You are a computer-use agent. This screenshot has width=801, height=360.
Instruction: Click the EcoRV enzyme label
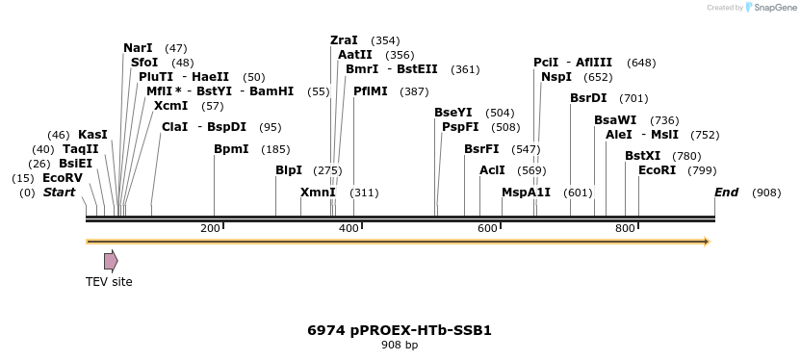63,178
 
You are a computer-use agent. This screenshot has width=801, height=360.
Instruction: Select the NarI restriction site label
138,47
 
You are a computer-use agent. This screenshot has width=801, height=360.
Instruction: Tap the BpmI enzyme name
231,149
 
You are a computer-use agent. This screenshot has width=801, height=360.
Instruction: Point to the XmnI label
318,193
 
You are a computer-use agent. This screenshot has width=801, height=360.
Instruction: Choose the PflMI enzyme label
371,90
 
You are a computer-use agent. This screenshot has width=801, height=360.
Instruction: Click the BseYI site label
453,113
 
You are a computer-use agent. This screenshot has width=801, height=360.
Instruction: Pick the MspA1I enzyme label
526,193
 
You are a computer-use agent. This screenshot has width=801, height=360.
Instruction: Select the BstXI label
643,156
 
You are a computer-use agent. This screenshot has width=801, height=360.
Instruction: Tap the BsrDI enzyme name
588,97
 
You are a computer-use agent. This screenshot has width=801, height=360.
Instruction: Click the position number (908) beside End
766,193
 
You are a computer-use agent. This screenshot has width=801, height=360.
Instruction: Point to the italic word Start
59,193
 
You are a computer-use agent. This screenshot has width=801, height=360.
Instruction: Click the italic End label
727,193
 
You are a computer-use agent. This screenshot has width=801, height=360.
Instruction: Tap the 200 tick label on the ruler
210,228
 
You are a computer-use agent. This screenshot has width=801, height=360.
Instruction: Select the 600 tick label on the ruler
487,228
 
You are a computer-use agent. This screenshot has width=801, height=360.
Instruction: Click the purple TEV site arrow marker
111,260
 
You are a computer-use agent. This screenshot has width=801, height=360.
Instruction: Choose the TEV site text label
109,282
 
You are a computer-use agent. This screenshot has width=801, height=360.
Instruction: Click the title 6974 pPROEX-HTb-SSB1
400,330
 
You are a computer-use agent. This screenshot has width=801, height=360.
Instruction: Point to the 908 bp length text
400,345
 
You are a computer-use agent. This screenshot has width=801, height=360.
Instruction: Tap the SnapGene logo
767,8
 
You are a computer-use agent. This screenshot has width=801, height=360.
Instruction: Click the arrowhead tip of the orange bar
709,241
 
